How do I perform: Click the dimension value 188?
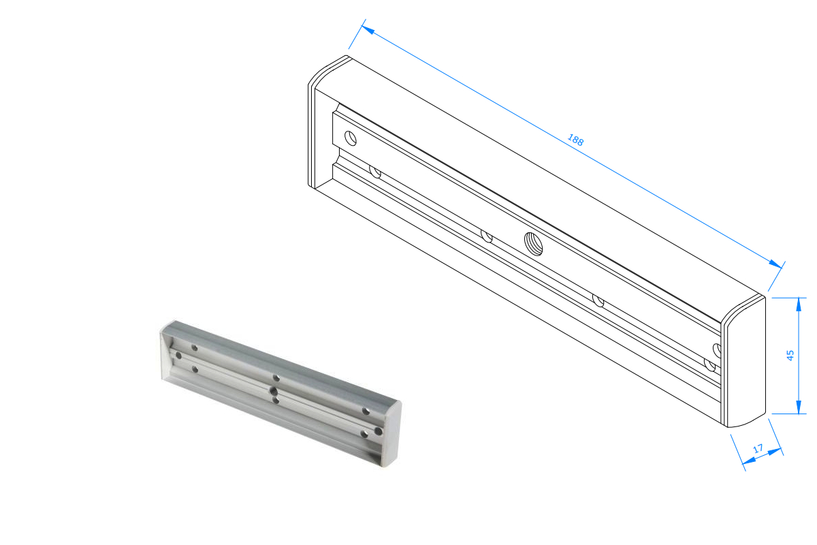[575, 140]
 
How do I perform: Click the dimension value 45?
[790, 355]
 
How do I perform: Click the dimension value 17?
[758, 449]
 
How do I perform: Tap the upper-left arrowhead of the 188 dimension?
[368, 29]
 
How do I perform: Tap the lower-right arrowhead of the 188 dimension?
[775, 264]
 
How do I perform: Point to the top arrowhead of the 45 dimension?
[799, 305]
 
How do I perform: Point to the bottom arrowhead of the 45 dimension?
[799, 407]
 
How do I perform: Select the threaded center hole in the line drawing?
[533, 244]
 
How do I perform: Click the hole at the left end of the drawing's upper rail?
[351, 138]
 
